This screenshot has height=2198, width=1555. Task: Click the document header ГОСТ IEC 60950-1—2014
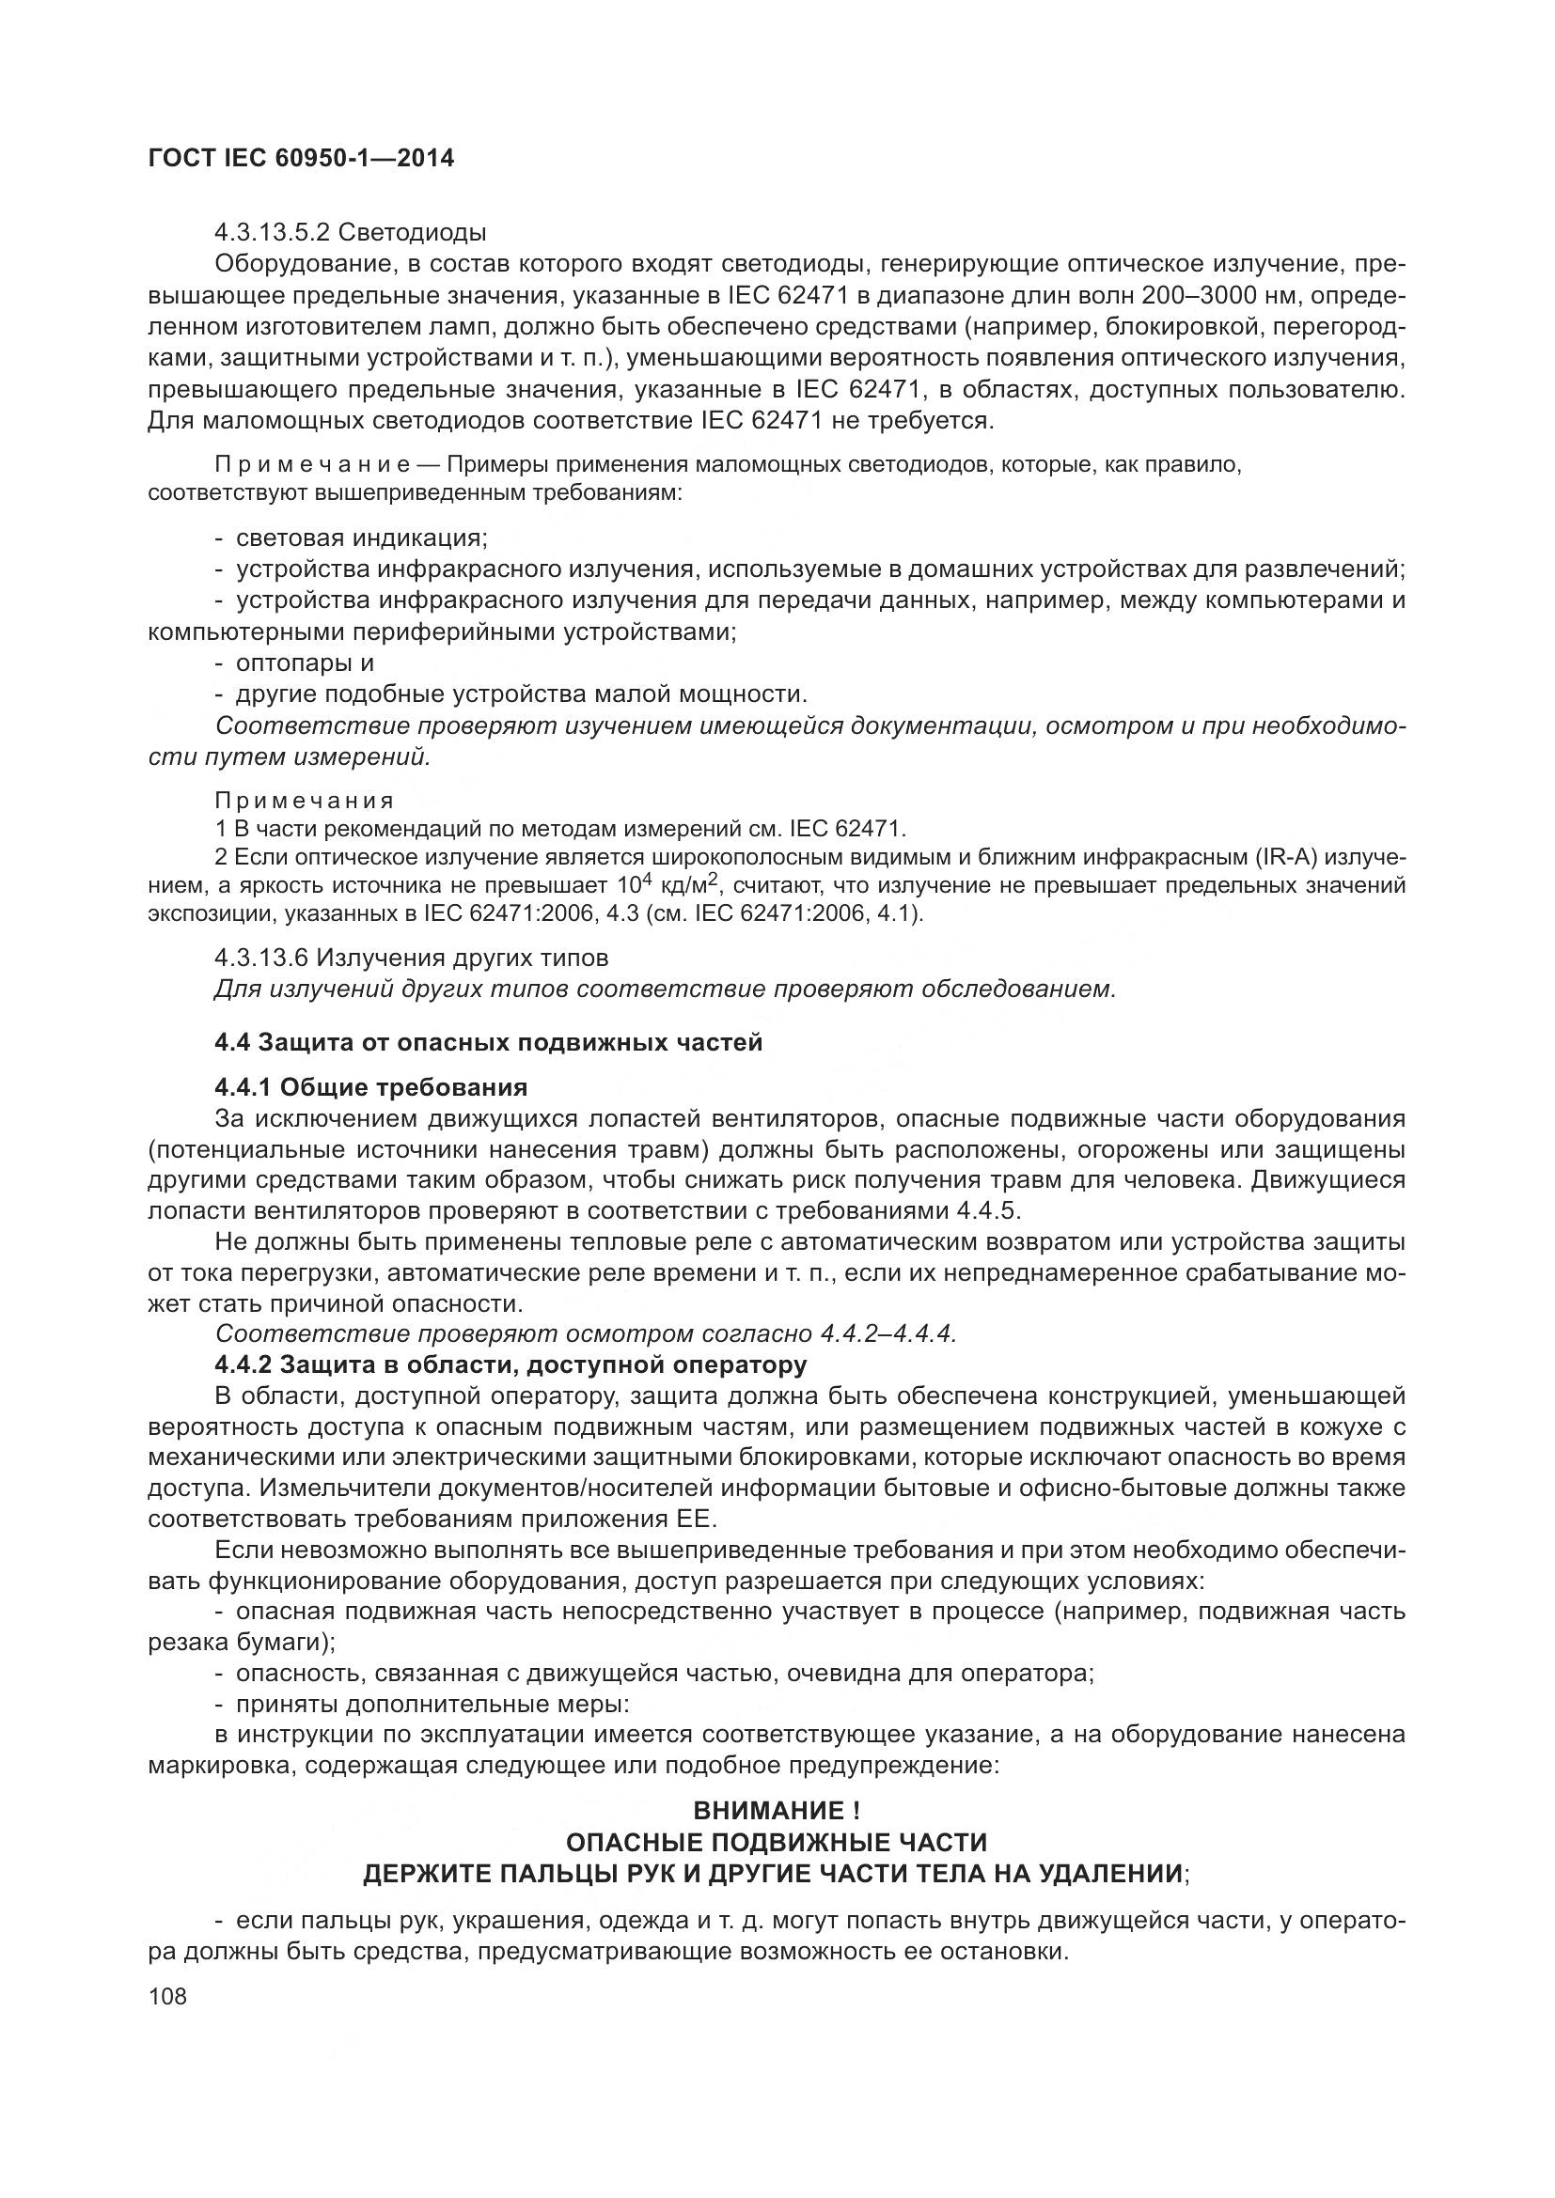point(301,158)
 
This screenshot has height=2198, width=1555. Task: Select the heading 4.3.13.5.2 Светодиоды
point(351,233)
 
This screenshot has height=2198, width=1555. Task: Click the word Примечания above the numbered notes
point(305,800)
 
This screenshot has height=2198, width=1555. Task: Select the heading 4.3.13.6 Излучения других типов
point(412,958)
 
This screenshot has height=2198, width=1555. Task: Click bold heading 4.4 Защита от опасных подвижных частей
point(488,1041)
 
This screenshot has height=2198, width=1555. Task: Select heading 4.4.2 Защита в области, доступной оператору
point(510,1364)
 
